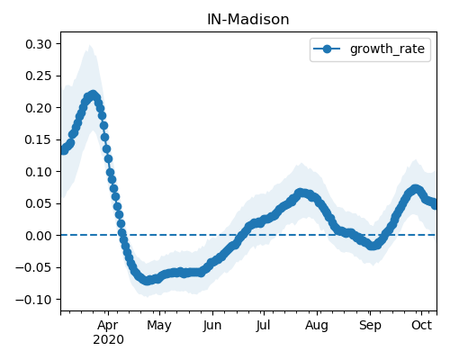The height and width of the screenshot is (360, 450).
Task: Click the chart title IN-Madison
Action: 248,20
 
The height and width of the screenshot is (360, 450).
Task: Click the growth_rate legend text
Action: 387,49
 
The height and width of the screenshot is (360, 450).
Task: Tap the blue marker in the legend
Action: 327,49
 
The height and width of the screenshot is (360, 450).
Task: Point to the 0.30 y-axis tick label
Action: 39,44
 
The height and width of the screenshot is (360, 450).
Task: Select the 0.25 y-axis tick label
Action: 39,76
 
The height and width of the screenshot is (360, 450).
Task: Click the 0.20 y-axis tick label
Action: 39,108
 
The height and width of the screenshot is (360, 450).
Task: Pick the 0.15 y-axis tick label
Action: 39,139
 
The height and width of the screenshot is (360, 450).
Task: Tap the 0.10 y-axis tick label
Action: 39,172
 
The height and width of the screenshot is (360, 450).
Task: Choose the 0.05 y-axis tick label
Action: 39,203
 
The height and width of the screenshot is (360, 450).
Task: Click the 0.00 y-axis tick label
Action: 39,236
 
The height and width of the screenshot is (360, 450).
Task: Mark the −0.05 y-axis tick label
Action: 34,267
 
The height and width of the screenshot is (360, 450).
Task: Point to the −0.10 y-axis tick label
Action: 34,300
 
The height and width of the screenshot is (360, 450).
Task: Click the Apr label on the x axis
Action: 108,326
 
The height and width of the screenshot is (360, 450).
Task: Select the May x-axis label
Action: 159,326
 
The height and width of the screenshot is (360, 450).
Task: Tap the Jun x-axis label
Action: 212,326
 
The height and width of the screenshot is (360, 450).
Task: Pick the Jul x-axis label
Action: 264,325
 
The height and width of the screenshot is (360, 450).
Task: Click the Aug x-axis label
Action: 317,326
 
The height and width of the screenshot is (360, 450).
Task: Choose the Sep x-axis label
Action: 370,326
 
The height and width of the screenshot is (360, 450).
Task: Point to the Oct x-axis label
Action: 421,325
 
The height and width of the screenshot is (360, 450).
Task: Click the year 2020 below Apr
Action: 108,340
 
